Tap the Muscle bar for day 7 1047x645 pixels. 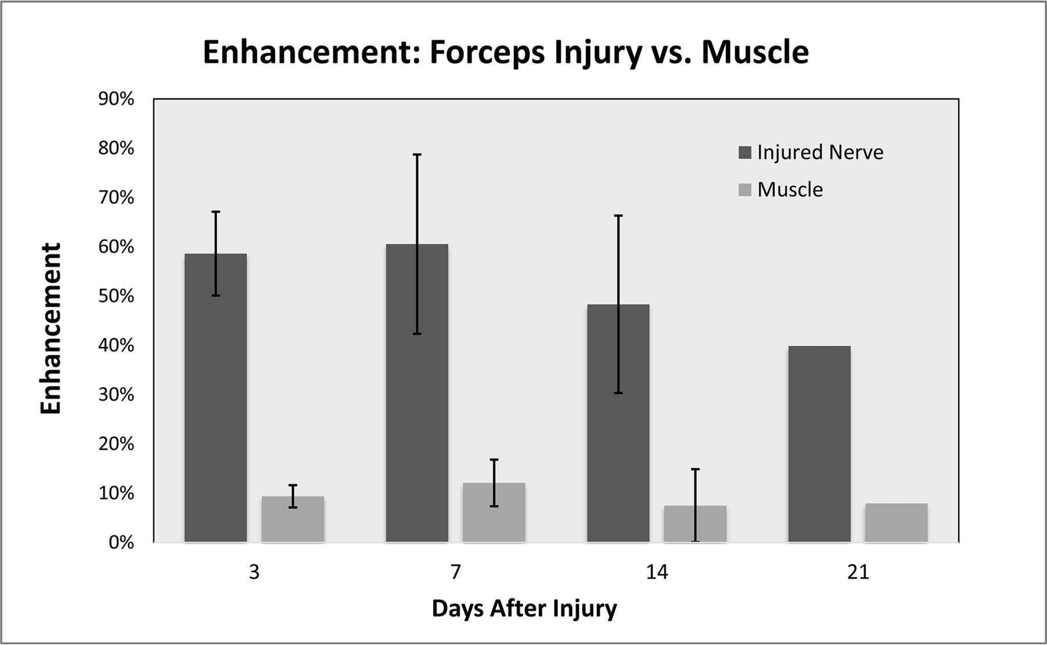click(x=494, y=513)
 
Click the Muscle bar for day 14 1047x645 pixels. click(x=695, y=524)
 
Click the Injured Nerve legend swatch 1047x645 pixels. click(x=745, y=153)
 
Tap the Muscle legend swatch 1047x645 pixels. click(x=745, y=190)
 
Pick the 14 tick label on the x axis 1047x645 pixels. click(x=657, y=573)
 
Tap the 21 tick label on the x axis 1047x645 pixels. click(x=858, y=573)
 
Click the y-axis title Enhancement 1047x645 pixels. click(x=51, y=328)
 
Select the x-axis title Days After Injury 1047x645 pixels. click(x=524, y=609)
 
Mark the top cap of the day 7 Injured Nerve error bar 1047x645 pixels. click(x=417, y=155)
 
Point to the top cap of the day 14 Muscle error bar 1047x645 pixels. click(x=695, y=469)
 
